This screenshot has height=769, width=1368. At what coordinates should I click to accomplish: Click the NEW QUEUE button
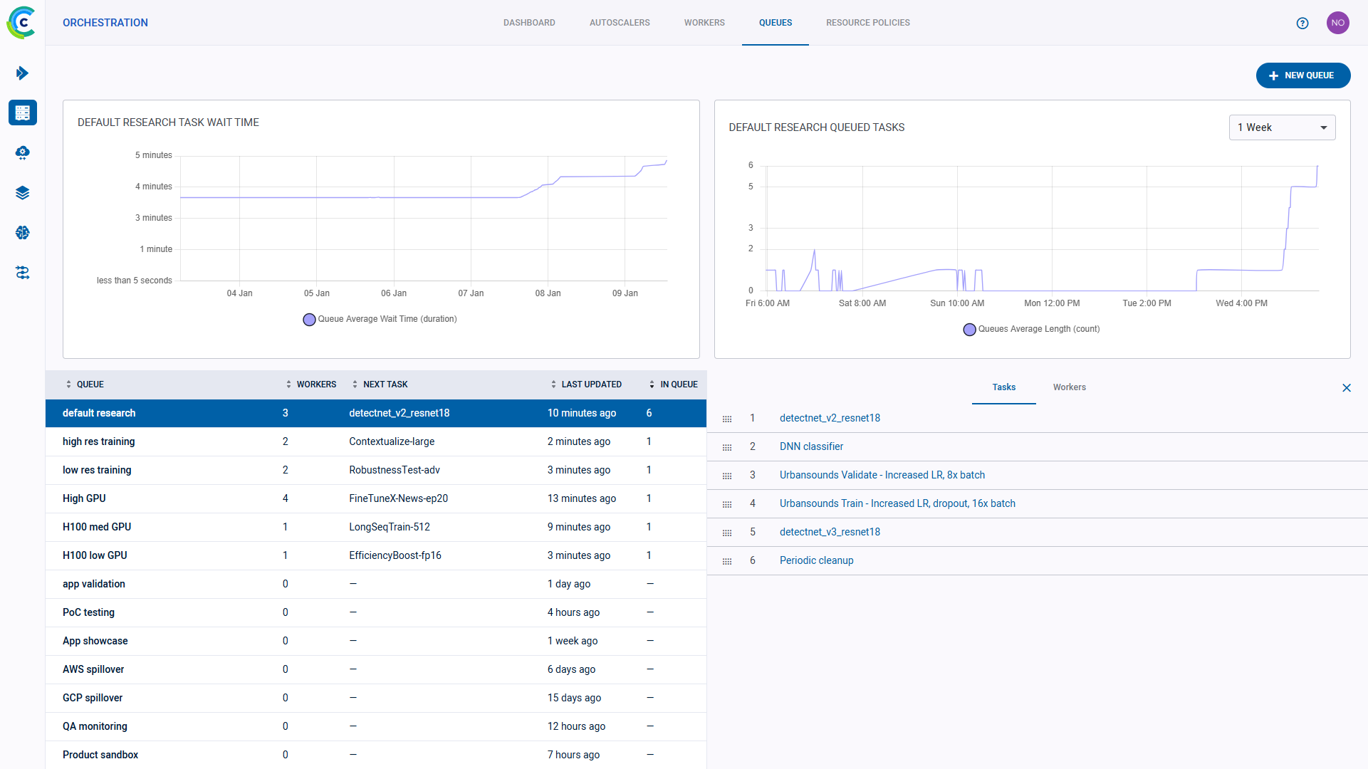[x=1302, y=75]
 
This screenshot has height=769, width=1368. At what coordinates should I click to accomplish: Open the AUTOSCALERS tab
[x=619, y=23]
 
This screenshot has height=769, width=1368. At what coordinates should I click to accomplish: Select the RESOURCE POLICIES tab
[x=867, y=23]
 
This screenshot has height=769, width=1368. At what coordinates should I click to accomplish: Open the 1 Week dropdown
[x=1281, y=127]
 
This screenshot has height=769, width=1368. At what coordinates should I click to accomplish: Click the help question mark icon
[x=1302, y=23]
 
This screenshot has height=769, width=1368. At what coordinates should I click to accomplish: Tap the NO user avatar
[x=1337, y=23]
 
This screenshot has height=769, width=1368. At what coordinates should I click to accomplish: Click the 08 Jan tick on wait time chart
[x=548, y=293]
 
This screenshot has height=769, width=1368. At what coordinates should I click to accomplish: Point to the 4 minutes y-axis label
[x=154, y=187]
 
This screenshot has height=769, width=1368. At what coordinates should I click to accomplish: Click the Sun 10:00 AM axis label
[x=956, y=303]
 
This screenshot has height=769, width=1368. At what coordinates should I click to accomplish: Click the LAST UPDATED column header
[x=590, y=384]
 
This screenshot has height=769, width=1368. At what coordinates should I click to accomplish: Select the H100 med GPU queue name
[x=97, y=527]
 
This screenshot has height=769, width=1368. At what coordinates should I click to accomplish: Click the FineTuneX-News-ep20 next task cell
[x=398, y=498]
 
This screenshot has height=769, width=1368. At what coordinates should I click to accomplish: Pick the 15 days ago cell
[x=574, y=698]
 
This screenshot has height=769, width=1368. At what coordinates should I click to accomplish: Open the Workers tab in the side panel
[x=1069, y=387]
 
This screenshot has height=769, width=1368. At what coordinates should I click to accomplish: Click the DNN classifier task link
[x=811, y=446]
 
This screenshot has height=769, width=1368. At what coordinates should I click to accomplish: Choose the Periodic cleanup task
[x=816, y=560]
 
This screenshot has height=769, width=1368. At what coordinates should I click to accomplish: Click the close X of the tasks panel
[x=1346, y=388]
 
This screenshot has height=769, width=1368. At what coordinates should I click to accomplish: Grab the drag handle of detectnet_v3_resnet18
[x=726, y=533]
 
